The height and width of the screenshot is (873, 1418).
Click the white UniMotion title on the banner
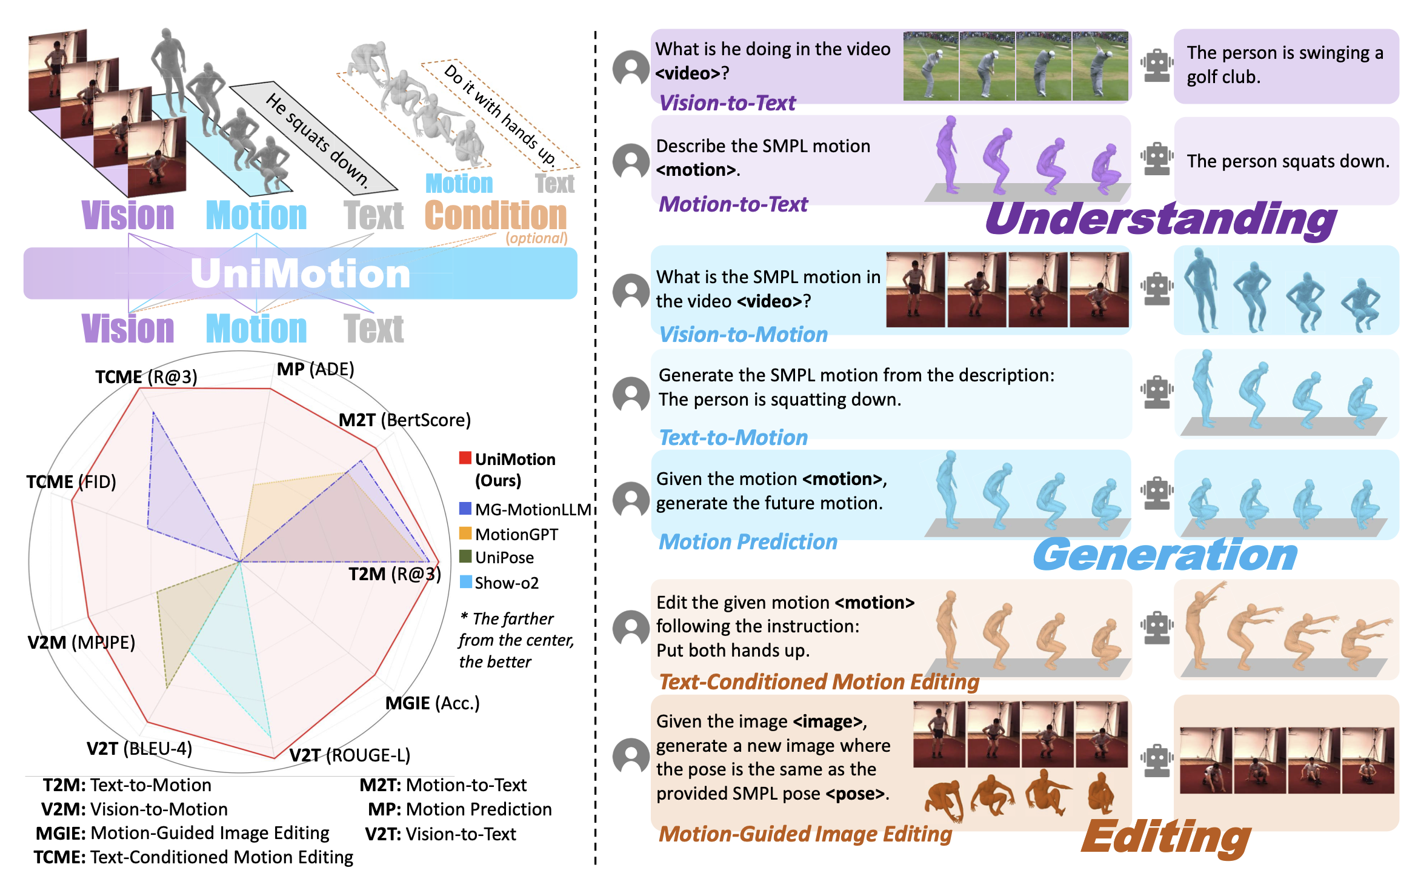[301, 273]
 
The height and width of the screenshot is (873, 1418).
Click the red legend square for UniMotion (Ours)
[465, 458]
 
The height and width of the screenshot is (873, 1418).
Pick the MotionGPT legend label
[516, 534]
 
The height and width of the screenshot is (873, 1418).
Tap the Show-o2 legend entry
[506, 583]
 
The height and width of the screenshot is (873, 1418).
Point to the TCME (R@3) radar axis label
[146, 377]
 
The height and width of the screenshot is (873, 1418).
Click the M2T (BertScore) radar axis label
[404, 420]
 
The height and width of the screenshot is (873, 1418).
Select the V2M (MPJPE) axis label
[81, 642]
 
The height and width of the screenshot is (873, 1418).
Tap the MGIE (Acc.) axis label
[432, 703]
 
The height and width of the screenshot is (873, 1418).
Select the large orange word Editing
[1166, 837]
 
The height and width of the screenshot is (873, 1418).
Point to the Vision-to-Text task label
[727, 103]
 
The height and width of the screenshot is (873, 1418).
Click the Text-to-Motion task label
[733, 438]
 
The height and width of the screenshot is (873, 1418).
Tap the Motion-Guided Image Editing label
[805, 834]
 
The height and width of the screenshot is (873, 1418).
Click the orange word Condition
[496, 216]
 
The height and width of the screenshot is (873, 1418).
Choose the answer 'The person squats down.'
[1288, 161]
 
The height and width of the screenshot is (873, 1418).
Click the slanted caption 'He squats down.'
[316, 139]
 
